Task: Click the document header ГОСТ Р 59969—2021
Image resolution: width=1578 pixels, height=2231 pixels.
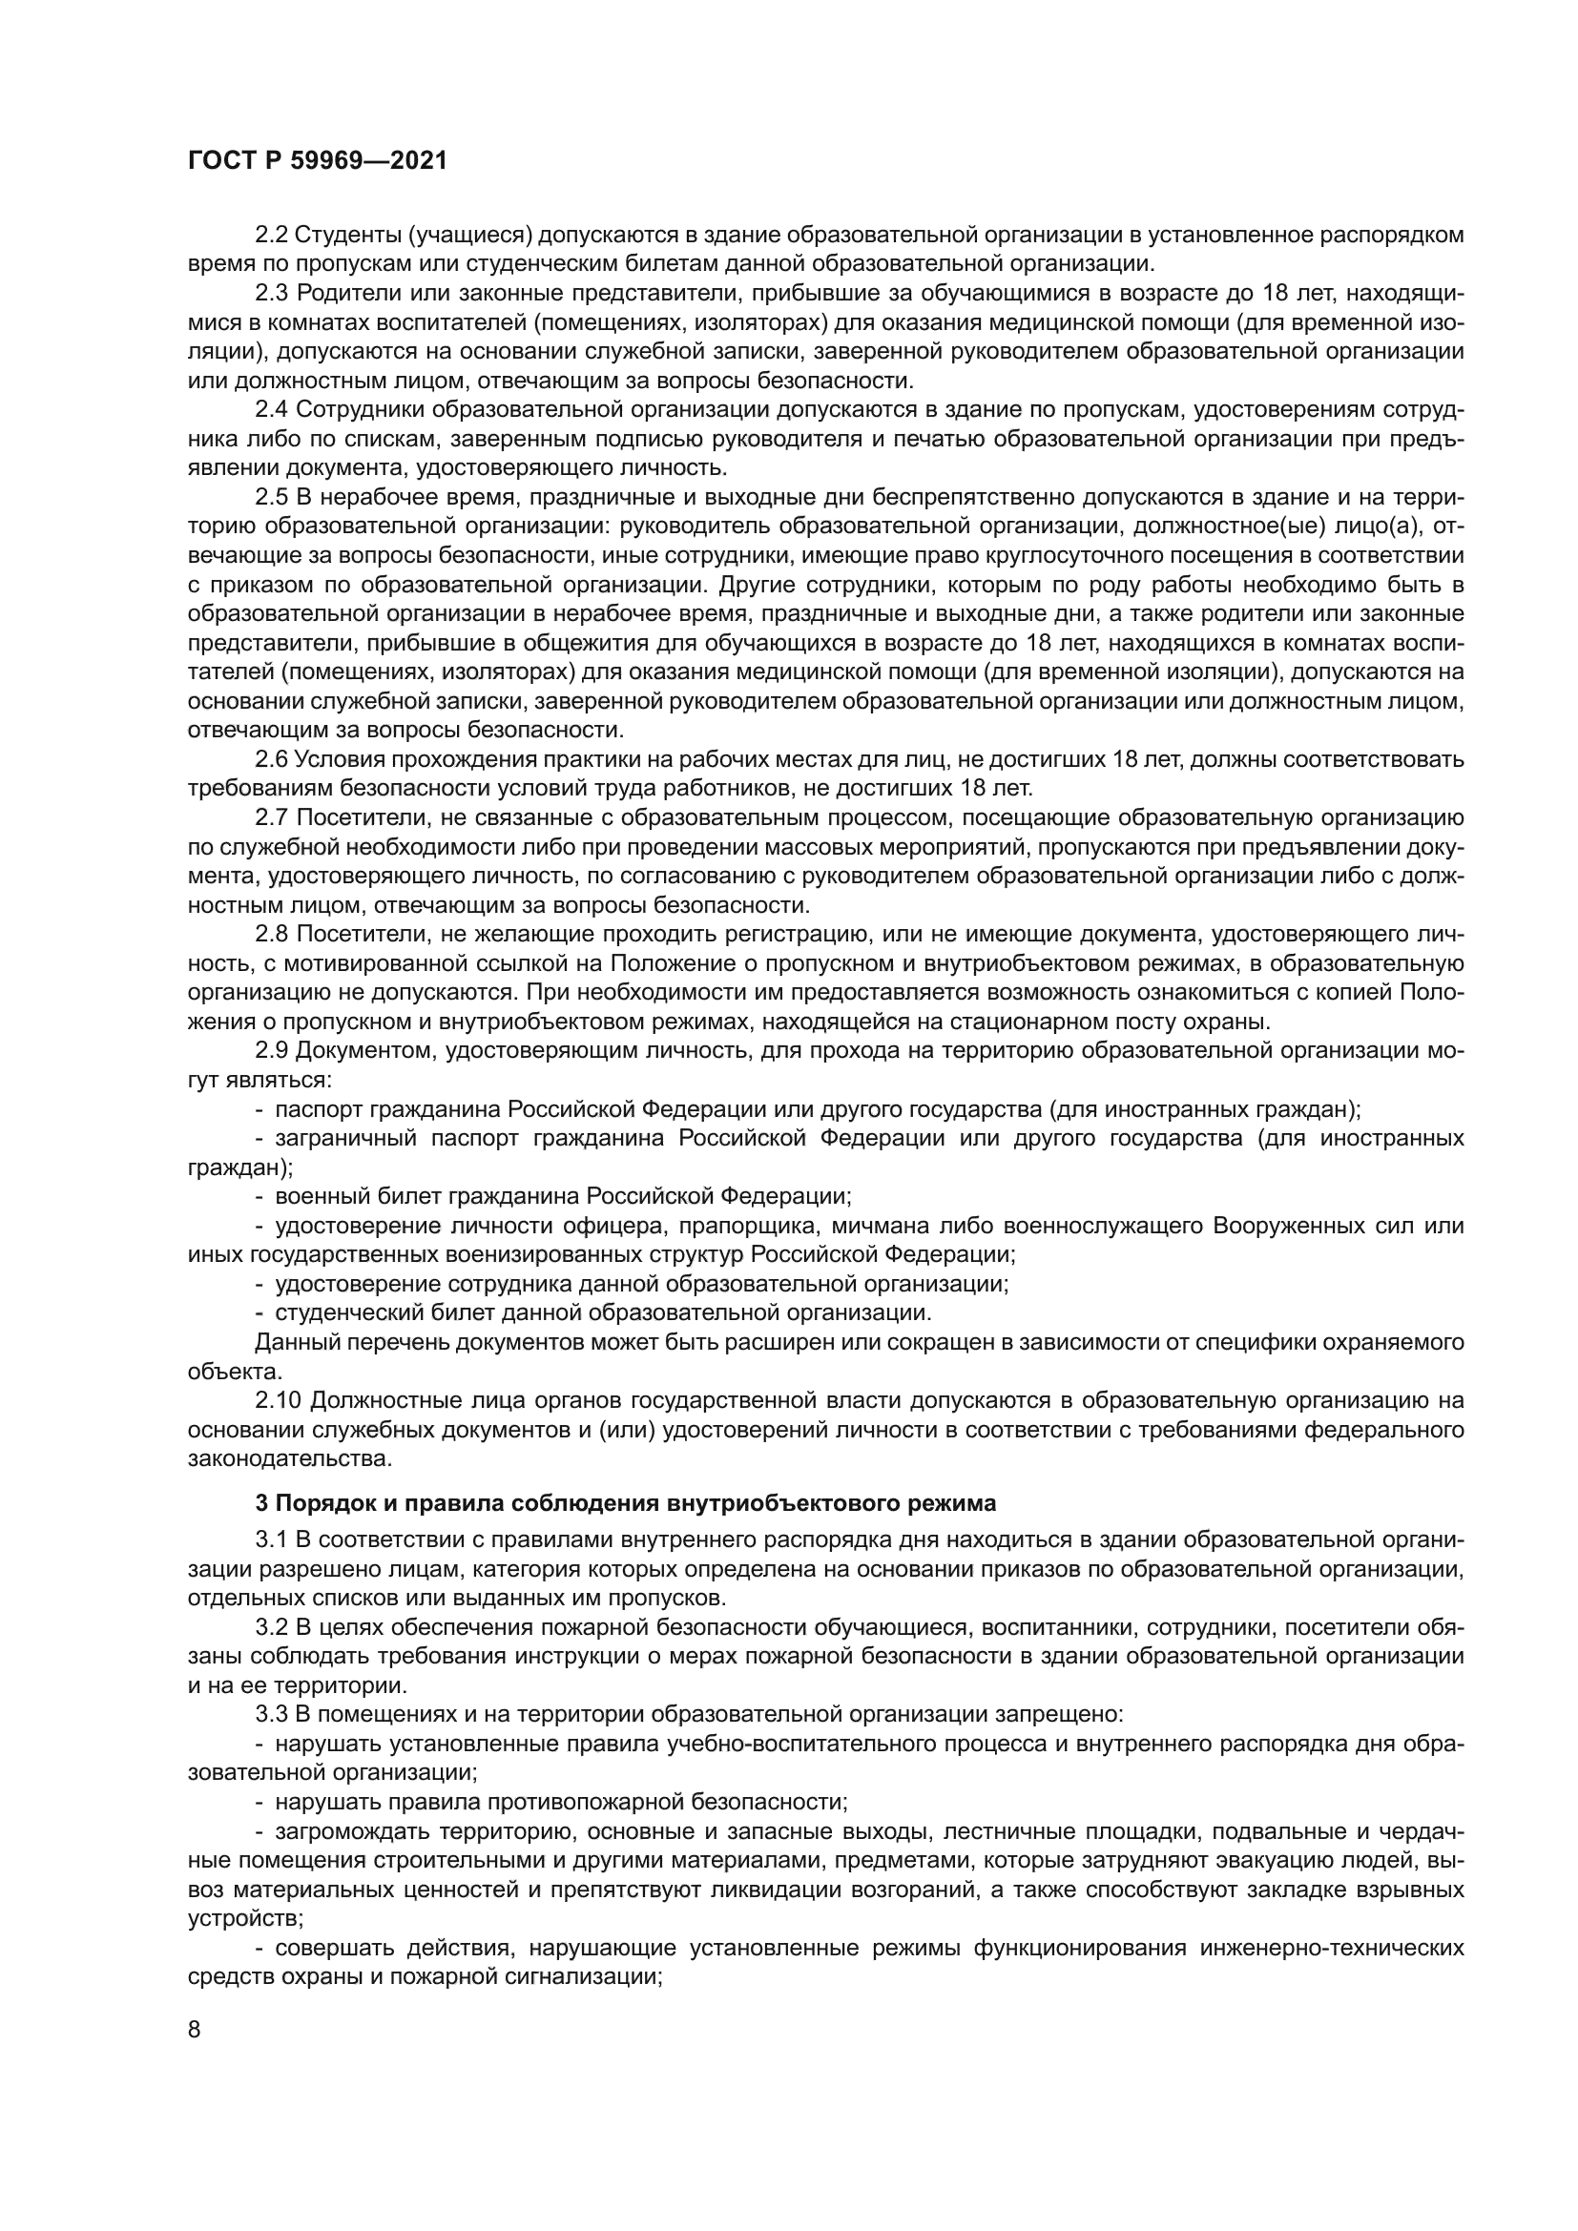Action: click(x=317, y=161)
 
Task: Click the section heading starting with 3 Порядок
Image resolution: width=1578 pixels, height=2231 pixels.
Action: click(x=625, y=1504)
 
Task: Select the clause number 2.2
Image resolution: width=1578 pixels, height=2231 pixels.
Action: click(x=271, y=236)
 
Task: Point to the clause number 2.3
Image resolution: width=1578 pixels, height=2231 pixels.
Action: click(x=271, y=294)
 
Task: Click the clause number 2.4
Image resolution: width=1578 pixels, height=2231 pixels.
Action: click(x=271, y=410)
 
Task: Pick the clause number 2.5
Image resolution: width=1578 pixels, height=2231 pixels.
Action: click(x=271, y=498)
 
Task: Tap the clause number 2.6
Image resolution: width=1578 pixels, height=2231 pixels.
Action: click(x=271, y=759)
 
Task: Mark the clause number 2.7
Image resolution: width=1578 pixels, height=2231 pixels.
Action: click(x=271, y=817)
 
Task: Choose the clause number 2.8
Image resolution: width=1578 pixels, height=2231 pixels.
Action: click(x=271, y=934)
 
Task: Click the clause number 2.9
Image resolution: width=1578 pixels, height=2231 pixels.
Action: click(x=271, y=1050)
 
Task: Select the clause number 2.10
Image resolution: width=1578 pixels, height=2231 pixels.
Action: click(x=277, y=1400)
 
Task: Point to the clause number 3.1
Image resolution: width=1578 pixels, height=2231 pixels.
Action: click(x=271, y=1540)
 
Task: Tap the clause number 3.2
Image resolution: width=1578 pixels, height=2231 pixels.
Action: click(x=271, y=1627)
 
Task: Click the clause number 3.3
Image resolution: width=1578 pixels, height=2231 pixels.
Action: click(x=271, y=1715)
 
